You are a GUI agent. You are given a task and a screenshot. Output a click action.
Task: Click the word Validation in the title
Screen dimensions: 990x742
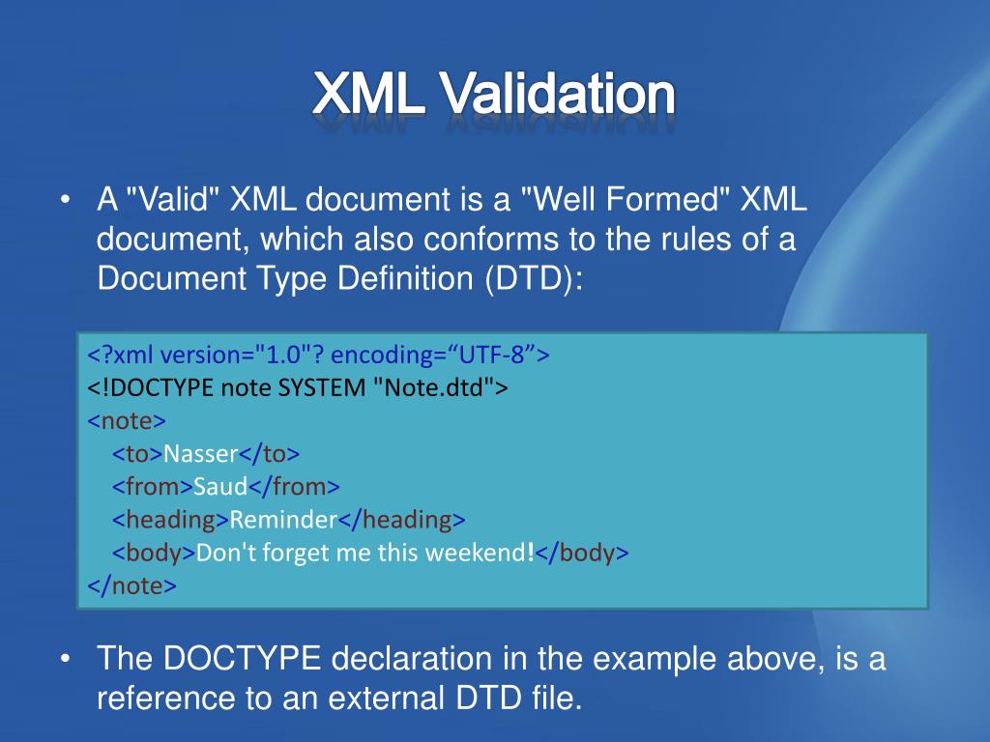(x=558, y=94)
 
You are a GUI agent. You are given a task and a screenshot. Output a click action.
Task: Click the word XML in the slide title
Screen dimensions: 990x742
(x=368, y=94)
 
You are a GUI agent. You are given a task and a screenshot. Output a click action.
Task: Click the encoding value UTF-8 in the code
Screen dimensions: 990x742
(x=492, y=355)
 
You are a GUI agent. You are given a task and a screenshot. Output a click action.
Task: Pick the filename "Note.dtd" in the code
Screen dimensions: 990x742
(x=433, y=386)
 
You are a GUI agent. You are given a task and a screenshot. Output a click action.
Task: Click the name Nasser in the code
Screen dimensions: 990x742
(x=201, y=454)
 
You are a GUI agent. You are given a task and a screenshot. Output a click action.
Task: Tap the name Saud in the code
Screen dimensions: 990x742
(x=220, y=487)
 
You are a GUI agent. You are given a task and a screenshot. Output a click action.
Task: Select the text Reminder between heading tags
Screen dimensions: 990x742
(x=283, y=519)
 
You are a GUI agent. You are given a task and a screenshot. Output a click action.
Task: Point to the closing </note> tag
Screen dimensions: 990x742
(x=131, y=585)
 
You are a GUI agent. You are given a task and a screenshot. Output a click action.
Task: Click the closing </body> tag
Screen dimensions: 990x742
(x=581, y=553)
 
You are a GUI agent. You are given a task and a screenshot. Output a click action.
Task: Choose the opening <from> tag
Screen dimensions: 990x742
(x=153, y=487)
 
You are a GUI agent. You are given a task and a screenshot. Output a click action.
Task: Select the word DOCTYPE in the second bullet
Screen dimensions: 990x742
(x=242, y=658)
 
